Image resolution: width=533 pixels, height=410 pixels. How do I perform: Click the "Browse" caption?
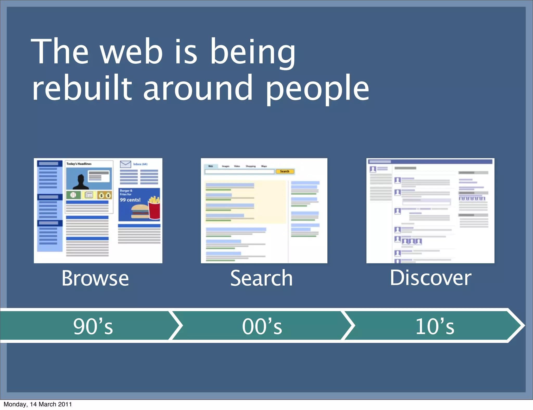click(95, 278)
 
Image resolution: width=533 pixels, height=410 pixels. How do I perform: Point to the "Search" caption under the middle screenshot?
click(262, 278)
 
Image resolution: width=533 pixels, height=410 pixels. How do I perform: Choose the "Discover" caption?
click(430, 278)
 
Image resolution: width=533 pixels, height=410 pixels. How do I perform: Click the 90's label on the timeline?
click(93, 326)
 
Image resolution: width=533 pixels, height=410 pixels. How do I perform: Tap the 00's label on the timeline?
click(262, 326)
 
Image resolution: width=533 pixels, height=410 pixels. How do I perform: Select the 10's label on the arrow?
click(435, 326)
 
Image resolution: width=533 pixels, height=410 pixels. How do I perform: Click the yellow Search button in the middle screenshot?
click(285, 171)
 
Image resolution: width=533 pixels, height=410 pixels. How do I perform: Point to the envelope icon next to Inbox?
click(125, 164)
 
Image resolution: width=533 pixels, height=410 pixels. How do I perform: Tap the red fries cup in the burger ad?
click(154, 210)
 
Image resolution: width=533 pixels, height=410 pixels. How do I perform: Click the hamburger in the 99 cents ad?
click(139, 211)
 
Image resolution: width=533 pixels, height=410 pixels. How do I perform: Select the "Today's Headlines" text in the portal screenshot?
click(79, 164)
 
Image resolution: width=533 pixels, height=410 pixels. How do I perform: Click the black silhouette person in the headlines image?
click(81, 182)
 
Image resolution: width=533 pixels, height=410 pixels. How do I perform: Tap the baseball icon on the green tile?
click(73, 195)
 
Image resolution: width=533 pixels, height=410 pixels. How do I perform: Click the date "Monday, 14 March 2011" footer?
click(38, 404)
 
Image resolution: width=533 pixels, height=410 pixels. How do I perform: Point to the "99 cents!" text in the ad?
click(130, 200)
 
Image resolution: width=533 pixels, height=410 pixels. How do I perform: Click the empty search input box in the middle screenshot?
click(239, 171)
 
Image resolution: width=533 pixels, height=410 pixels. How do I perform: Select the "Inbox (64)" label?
click(140, 164)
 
